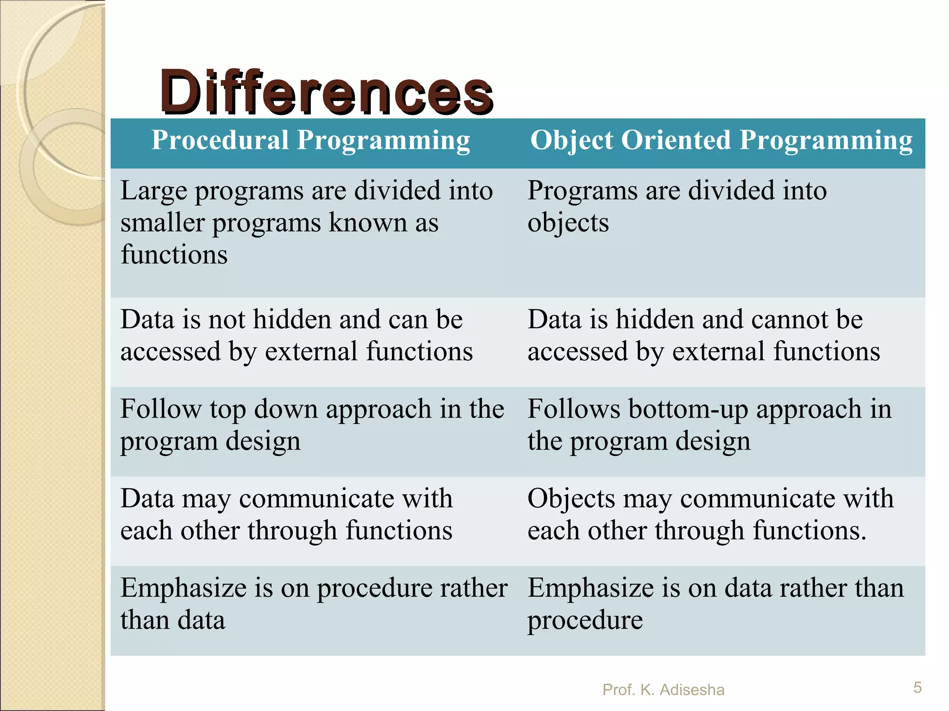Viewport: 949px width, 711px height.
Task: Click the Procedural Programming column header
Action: point(310,140)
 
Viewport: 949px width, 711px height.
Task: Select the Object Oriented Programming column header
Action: point(721,140)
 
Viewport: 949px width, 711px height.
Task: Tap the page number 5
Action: point(917,687)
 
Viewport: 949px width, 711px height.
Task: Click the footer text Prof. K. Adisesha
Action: point(663,690)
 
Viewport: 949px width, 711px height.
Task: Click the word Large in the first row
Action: point(153,192)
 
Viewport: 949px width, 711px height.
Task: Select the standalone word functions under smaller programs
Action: point(174,255)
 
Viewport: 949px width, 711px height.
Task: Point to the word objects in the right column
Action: point(568,224)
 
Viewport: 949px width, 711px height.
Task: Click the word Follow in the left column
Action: point(160,410)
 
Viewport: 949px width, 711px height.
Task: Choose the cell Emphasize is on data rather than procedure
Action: point(715,605)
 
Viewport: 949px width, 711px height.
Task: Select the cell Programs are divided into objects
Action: point(677,206)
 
